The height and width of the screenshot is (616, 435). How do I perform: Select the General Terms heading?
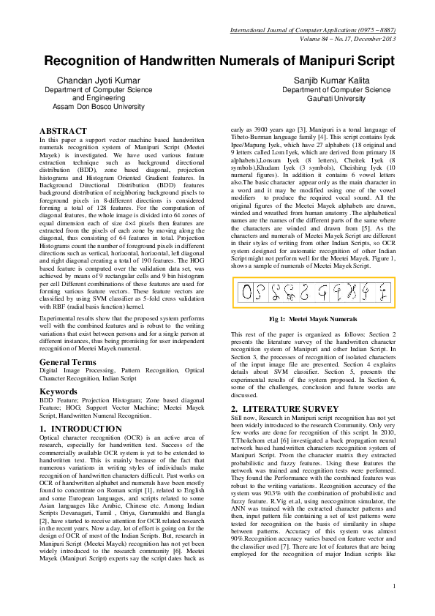pyautogui.click(x=67, y=363)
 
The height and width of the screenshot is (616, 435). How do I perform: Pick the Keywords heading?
pyautogui.click(x=59, y=392)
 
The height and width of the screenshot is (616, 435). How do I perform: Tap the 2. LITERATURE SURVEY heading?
pyautogui.click(x=279, y=407)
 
